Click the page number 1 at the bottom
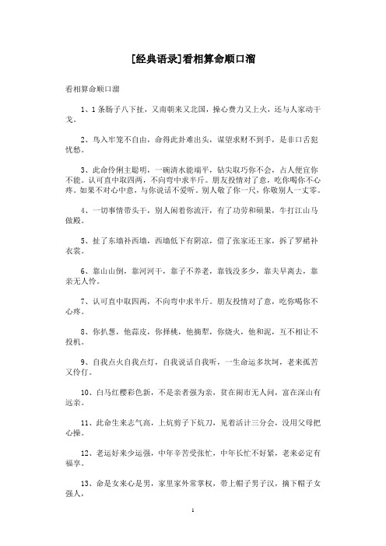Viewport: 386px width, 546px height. (x=192, y=535)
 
